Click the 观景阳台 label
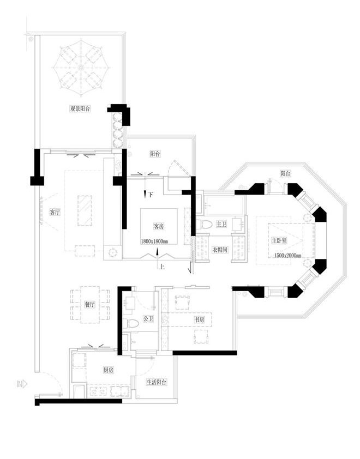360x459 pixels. [x=80, y=108]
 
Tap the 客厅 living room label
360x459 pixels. [x=55, y=212]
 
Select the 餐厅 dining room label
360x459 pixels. [x=90, y=304]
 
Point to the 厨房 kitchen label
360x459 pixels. [x=109, y=370]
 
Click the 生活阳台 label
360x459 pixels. [x=157, y=382]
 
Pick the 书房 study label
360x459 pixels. [x=200, y=319]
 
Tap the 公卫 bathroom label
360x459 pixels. [x=148, y=319]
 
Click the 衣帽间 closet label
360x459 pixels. [x=220, y=250]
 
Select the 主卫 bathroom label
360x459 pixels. [x=221, y=224]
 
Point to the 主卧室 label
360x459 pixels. [x=279, y=240]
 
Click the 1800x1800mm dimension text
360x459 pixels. [x=154, y=241]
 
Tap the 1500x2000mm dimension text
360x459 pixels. [x=287, y=255]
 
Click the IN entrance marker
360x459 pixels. [x=22, y=384]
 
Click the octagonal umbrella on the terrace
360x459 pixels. [x=82, y=68]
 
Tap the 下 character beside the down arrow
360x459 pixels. [x=151, y=195]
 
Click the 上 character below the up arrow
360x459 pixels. [x=161, y=267]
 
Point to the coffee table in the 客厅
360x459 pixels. [x=85, y=211]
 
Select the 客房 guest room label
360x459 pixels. [x=159, y=226]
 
